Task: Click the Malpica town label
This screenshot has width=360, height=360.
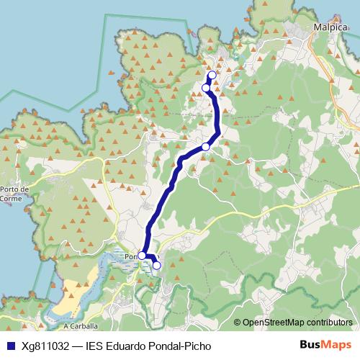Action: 330,27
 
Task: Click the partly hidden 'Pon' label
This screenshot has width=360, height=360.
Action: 130,256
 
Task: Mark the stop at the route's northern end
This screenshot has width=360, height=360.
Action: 212,76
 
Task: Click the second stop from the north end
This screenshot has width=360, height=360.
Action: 206,88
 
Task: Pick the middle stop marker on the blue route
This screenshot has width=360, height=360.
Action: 205,147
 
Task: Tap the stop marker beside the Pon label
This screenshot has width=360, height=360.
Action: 142,256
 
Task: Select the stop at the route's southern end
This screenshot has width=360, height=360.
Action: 157,266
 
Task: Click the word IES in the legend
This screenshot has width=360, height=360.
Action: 95,346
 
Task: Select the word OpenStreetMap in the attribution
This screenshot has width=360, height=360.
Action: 274,322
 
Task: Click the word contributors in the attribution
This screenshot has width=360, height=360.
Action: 330,322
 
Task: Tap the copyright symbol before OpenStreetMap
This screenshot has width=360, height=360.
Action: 238,322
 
